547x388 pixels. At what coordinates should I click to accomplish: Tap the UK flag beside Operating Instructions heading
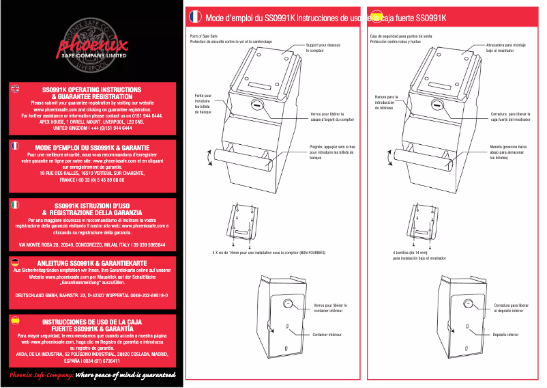coord(16,87)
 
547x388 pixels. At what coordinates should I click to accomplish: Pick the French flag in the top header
coord(194,16)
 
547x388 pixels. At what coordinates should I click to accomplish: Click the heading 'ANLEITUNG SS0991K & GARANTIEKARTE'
coord(91,262)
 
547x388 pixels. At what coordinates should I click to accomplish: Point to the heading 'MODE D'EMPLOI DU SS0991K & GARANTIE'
coord(92,147)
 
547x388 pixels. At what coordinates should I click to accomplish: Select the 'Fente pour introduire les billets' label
coord(203,104)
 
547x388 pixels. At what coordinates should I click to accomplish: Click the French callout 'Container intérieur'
coord(327,335)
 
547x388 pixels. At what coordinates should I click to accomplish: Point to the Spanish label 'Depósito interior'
coord(505,335)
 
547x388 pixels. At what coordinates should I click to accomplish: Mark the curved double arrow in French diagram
coord(208,157)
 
